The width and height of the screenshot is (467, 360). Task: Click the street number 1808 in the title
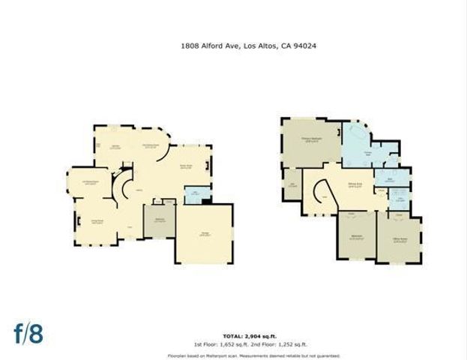coord(190,46)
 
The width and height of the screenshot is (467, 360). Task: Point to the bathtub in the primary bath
coord(353,136)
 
